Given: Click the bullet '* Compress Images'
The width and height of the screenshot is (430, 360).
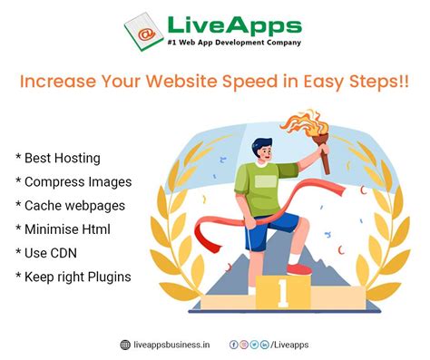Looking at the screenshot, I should tap(73, 181).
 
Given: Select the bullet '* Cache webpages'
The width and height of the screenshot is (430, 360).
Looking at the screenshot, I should tap(71, 205).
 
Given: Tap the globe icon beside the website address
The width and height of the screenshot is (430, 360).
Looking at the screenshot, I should tap(125, 345).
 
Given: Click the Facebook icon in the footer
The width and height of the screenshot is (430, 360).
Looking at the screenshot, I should tap(233, 345).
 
